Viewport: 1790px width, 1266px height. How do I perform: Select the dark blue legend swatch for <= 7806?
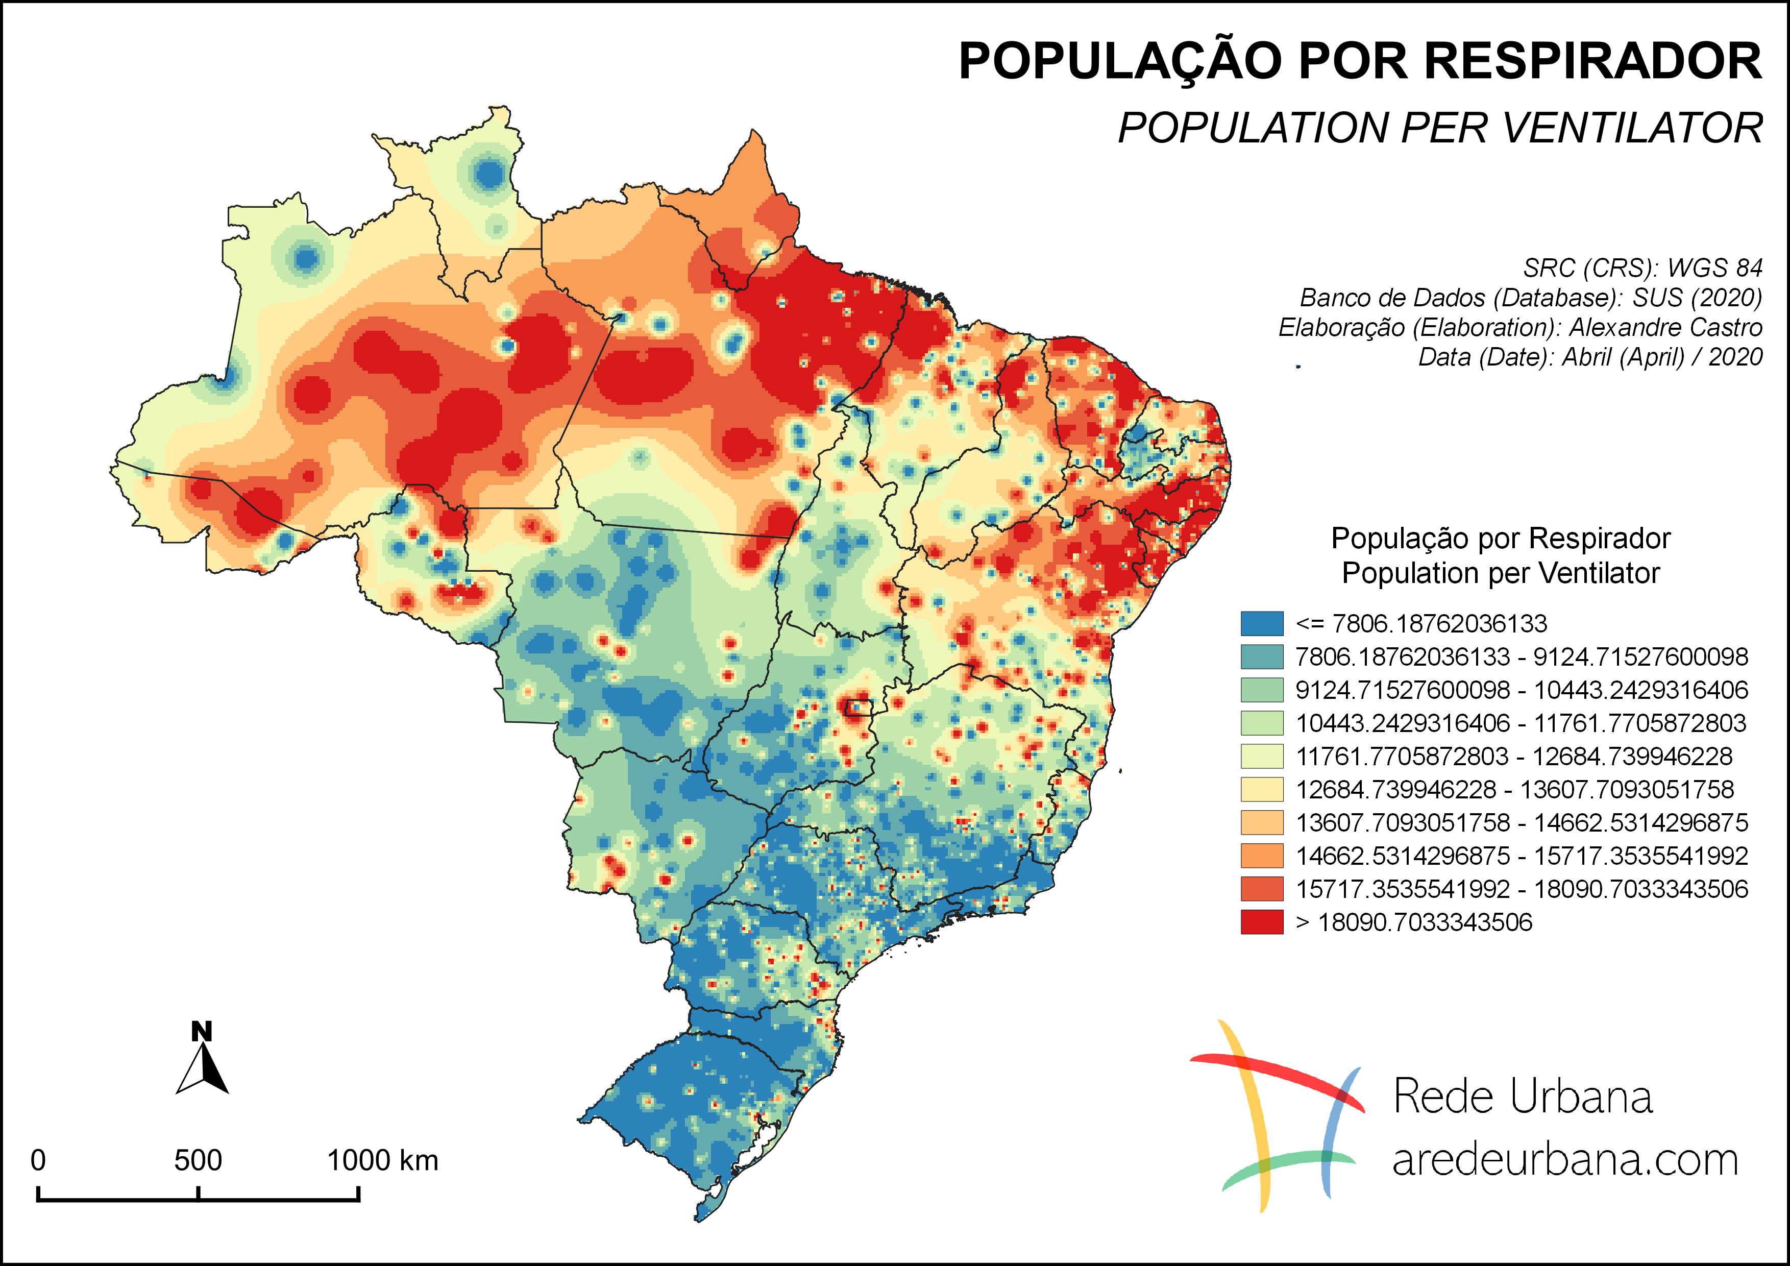1261,624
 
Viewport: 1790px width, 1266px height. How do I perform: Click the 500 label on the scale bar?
198,1160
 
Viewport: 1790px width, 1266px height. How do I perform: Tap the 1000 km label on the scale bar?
382,1160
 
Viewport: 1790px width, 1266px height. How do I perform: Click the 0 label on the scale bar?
37,1160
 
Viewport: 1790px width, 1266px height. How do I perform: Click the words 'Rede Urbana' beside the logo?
1522,1097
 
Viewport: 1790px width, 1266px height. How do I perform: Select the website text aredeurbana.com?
1565,1160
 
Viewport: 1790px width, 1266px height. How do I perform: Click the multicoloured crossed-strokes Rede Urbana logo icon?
1279,1115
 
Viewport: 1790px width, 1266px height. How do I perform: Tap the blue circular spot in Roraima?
489,173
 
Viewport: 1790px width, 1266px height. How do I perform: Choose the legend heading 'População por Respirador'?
1500,539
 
